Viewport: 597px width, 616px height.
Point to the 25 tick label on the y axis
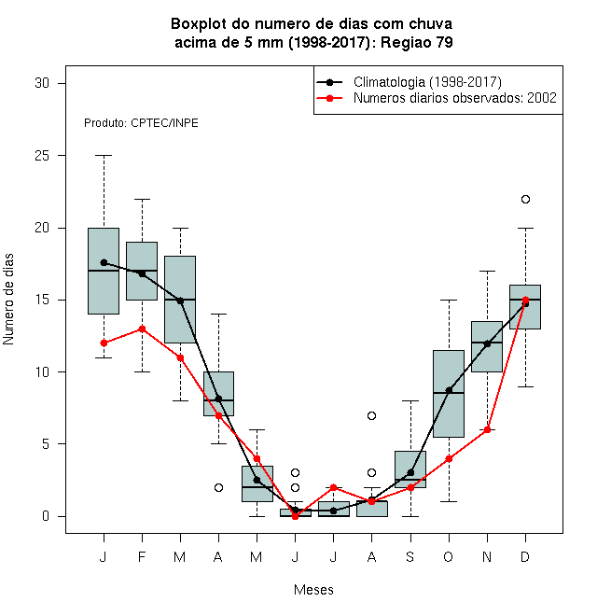point(42,156)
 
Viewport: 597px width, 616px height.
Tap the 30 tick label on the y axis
point(42,83)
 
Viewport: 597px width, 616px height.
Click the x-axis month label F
point(142,556)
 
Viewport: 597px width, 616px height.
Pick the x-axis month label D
point(525,556)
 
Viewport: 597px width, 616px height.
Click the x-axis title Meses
point(313,590)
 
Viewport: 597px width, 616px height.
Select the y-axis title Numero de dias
point(8,300)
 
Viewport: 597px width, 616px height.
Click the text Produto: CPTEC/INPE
point(141,123)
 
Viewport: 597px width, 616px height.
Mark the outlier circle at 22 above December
point(525,199)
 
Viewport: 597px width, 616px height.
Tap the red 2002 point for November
point(488,429)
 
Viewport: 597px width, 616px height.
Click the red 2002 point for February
point(142,329)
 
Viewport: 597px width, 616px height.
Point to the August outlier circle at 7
point(371,415)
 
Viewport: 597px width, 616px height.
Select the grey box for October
point(449,394)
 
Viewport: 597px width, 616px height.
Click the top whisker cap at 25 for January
point(104,156)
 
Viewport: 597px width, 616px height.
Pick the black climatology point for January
point(104,262)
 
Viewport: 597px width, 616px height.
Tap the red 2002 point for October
point(449,458)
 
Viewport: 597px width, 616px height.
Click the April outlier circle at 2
point(219,487)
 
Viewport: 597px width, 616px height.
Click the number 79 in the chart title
point(444,42)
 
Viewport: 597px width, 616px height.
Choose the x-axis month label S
point(410,556)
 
